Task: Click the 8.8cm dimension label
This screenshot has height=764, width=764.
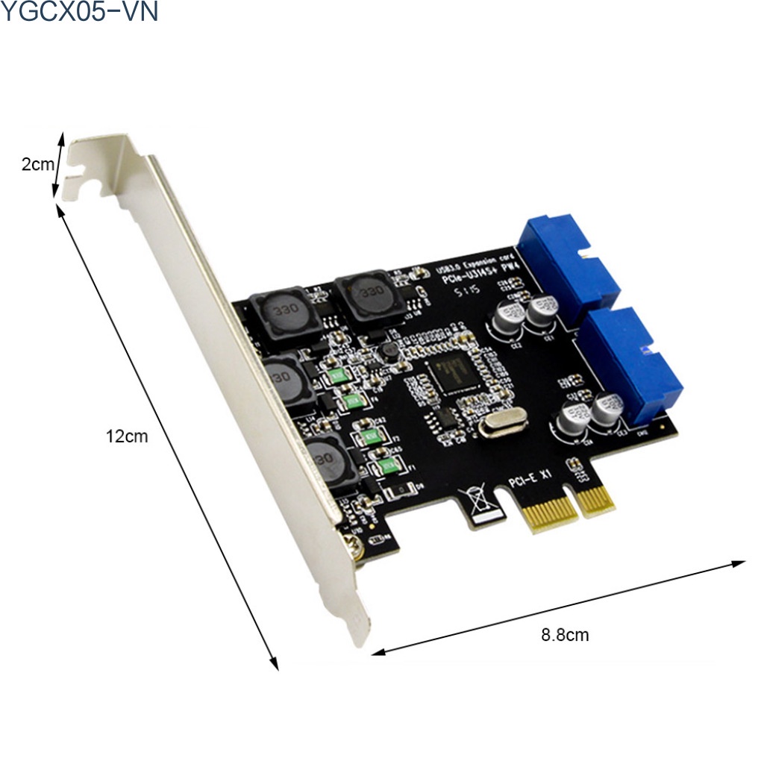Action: click(x=565, y=635)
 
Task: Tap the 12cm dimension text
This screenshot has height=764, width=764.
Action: click(x=126, y=436)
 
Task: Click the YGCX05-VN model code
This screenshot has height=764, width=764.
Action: click(x=79, y=12)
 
